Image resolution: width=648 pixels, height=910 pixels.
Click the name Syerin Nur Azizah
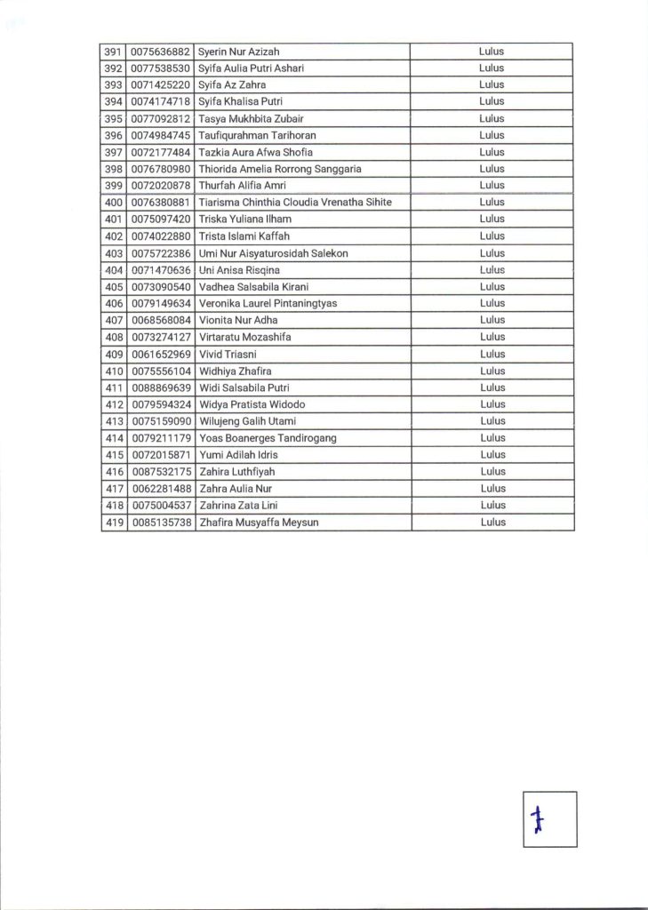(239, 51)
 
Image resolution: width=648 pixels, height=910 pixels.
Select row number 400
(113, 203)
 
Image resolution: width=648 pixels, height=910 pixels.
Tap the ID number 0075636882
(160, 51)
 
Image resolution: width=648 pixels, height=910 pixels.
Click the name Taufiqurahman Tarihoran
(257, 135)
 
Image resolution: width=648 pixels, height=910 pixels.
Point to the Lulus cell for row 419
(492, 523)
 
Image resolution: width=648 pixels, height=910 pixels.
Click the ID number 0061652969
(160, 355)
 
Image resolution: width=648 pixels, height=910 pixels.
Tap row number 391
(113, 51)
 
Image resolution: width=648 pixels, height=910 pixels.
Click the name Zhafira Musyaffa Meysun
(259, 523)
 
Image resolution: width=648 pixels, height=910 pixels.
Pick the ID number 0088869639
(160, 388)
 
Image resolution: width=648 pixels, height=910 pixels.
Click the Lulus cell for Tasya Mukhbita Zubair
(492, 118)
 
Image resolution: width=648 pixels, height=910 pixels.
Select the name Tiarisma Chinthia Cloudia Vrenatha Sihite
(294, 203)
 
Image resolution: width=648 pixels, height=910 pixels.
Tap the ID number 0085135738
(160, 523)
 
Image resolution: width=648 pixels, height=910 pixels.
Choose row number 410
(113, 371)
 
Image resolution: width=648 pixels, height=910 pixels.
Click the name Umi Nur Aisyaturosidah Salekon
(273, 253)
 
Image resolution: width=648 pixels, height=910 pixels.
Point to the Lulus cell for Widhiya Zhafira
(492, 371)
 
